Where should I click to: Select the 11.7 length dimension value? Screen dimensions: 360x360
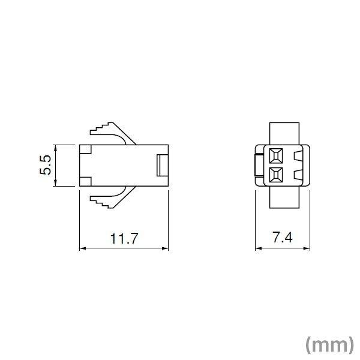[x=124, y=238]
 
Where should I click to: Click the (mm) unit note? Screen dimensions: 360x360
[x=328, y=344]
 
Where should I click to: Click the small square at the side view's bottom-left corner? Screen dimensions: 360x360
[x=85, y=182]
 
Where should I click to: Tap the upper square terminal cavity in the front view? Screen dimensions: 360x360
[x=275, y=156]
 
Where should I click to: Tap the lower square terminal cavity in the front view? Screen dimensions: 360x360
[x=275, y=175]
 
